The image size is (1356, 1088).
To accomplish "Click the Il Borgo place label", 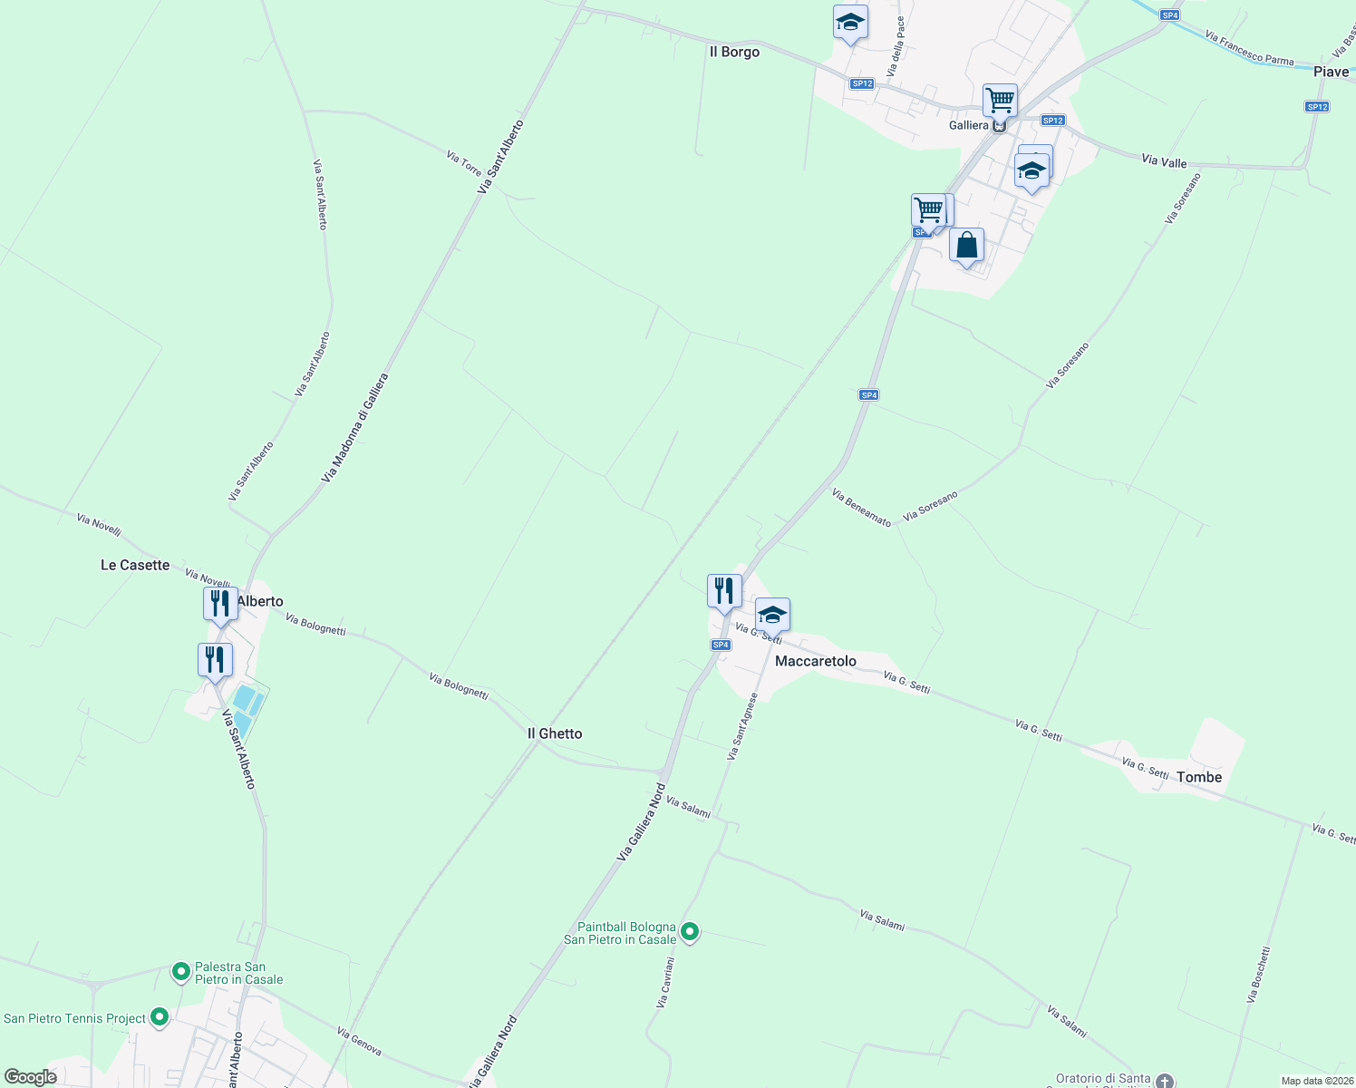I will [734, 53].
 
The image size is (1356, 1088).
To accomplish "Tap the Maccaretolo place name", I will [815, 661].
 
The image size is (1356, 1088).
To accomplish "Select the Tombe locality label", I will [1199, 777].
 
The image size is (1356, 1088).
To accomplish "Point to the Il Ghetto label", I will [555, 733].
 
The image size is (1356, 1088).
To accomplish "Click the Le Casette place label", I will [135, 565].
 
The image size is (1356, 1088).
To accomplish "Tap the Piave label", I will [1331, 72].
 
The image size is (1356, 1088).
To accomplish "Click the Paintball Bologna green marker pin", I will [690, 931].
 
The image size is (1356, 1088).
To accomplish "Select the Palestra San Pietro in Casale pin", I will [181, 972].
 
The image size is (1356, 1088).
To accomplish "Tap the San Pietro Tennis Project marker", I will [160, 1017].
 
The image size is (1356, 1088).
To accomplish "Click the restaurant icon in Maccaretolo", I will [724, 591].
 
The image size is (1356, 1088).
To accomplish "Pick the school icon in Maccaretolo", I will [772, 615].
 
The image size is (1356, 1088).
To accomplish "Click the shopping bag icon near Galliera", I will [967, 245].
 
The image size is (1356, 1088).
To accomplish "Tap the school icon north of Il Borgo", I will [850, 23].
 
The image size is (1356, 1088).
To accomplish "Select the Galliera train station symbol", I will [999, 126].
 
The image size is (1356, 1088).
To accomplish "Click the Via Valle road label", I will [1164, 161].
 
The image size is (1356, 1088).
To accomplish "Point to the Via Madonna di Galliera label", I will [354, 427].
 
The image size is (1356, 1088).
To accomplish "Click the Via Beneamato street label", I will [861, 508].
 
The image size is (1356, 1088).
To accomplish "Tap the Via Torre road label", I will [464, 163].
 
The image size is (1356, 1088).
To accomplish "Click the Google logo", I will [31, 1077].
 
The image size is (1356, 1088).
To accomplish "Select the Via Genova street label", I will [359, 1042].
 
